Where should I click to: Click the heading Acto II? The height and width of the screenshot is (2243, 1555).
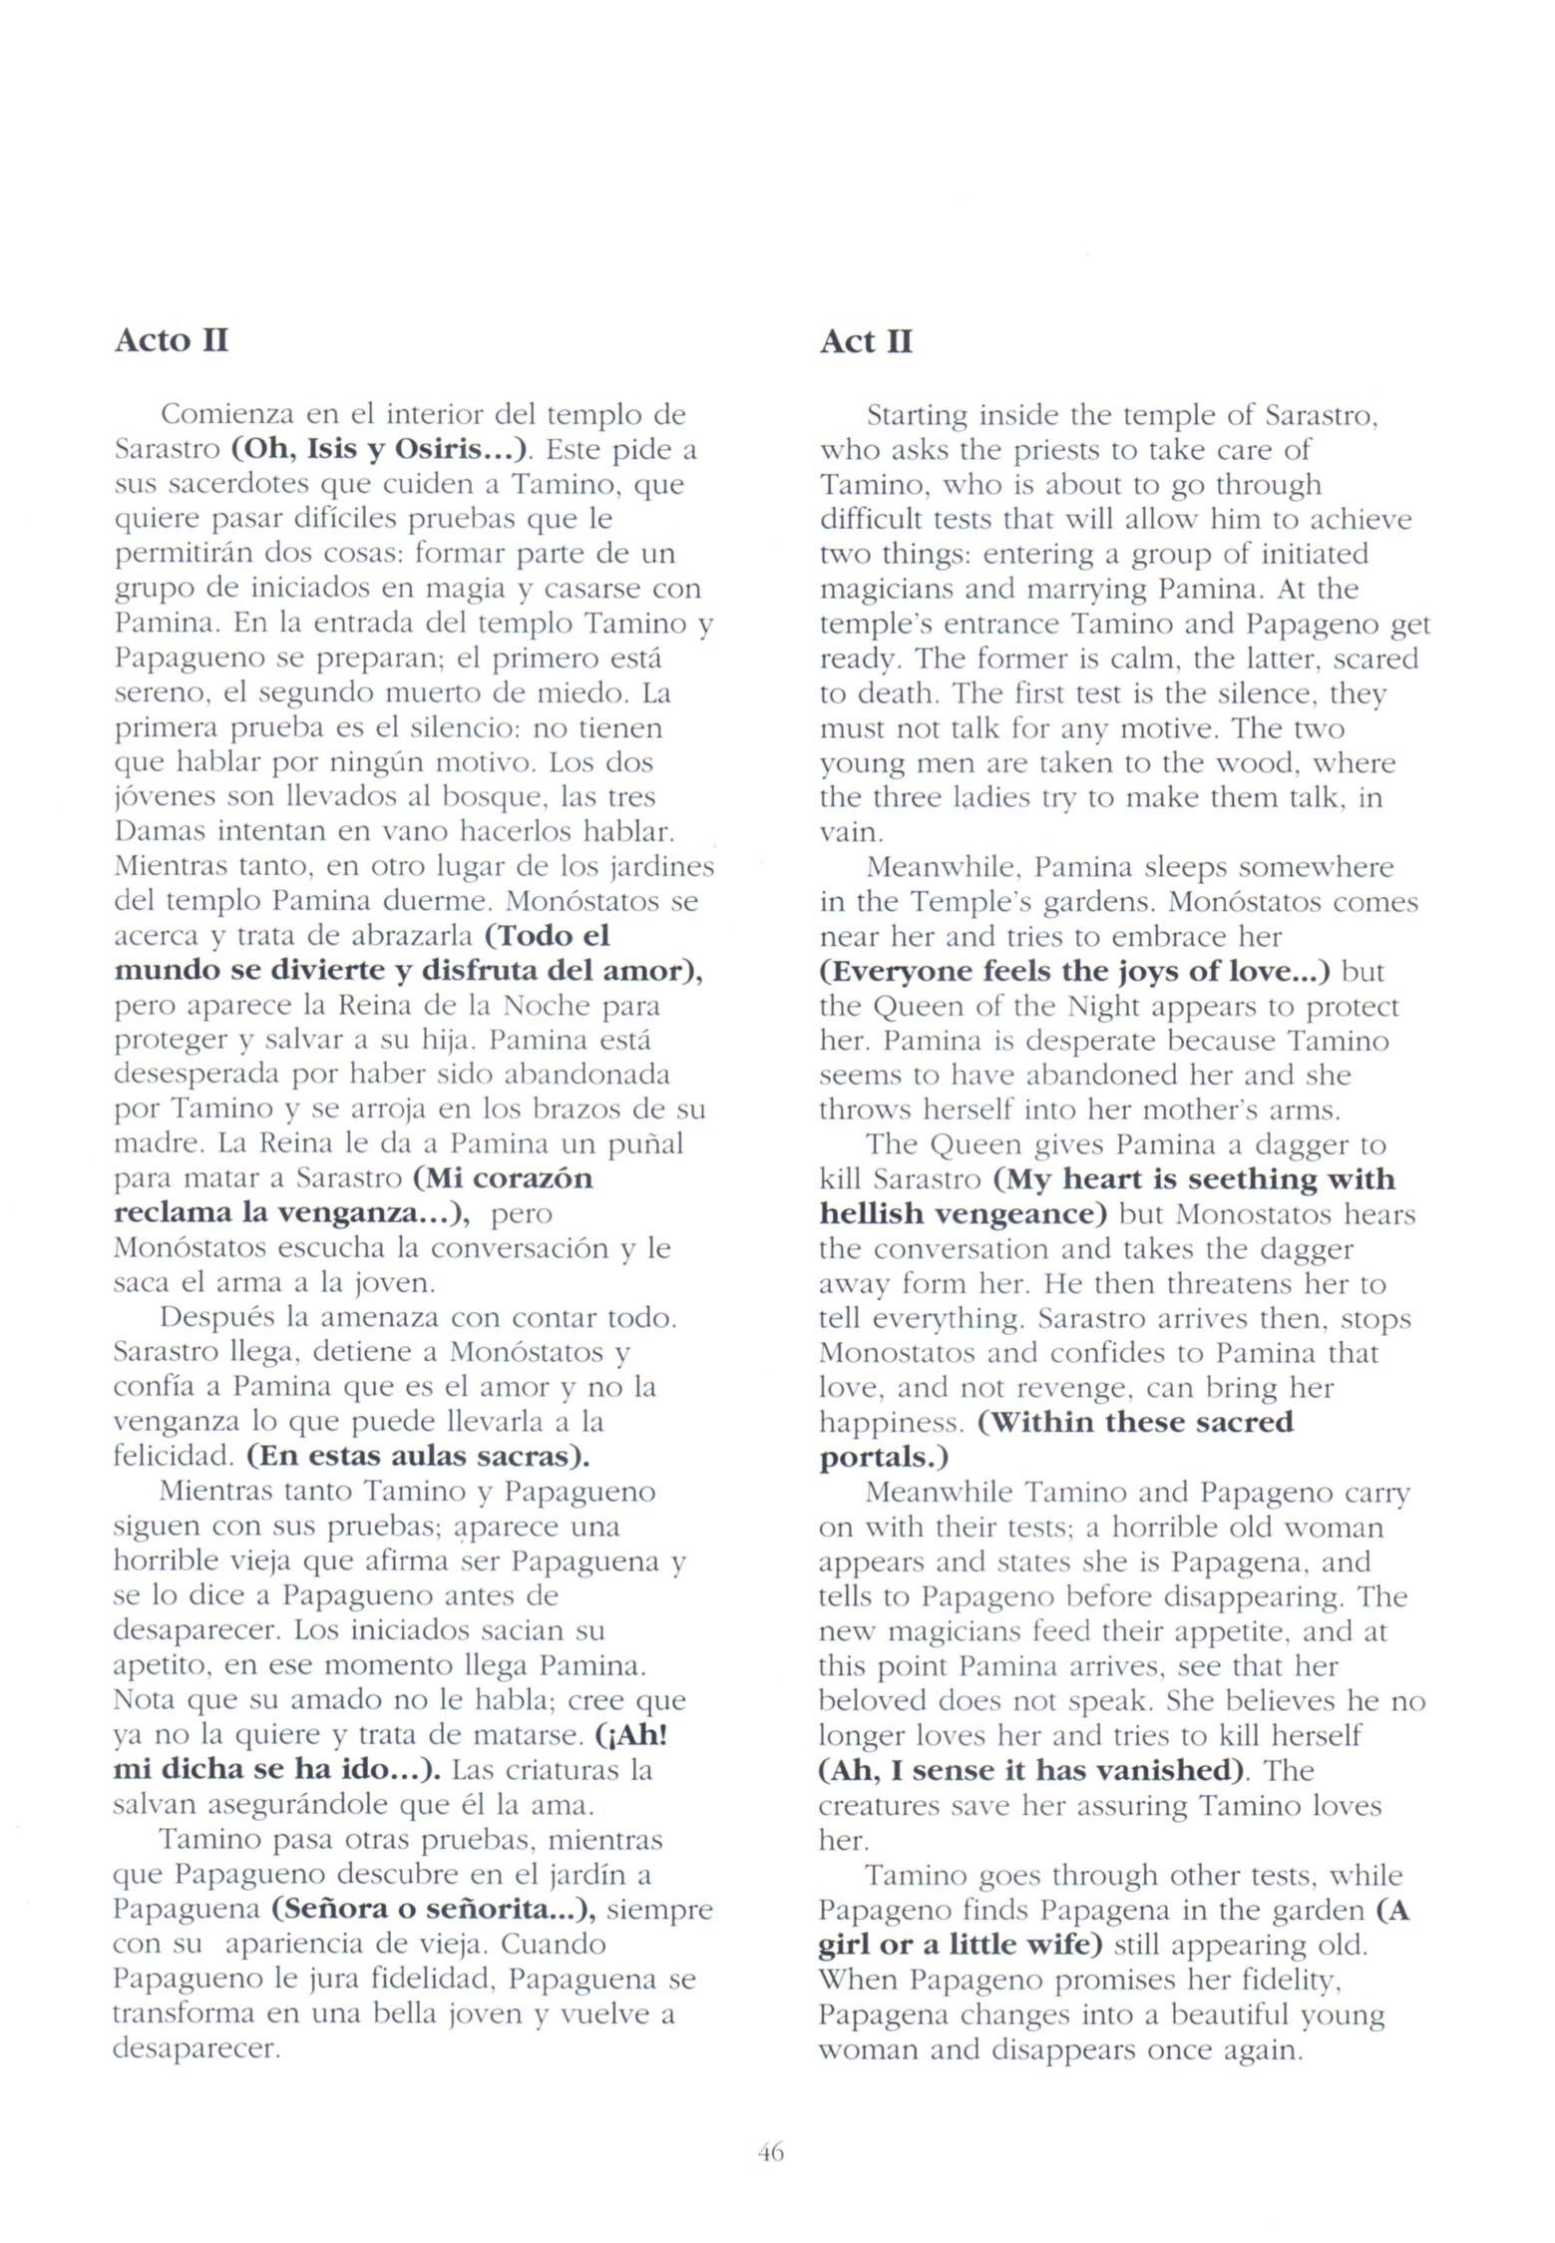[172, 340]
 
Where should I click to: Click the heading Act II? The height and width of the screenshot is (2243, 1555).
[866, 341]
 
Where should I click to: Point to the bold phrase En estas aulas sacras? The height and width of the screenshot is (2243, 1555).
[418, 1456]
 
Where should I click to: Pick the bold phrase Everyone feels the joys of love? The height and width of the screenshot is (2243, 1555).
[1075, 971]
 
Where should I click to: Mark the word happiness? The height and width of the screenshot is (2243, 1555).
[892, 1422]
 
